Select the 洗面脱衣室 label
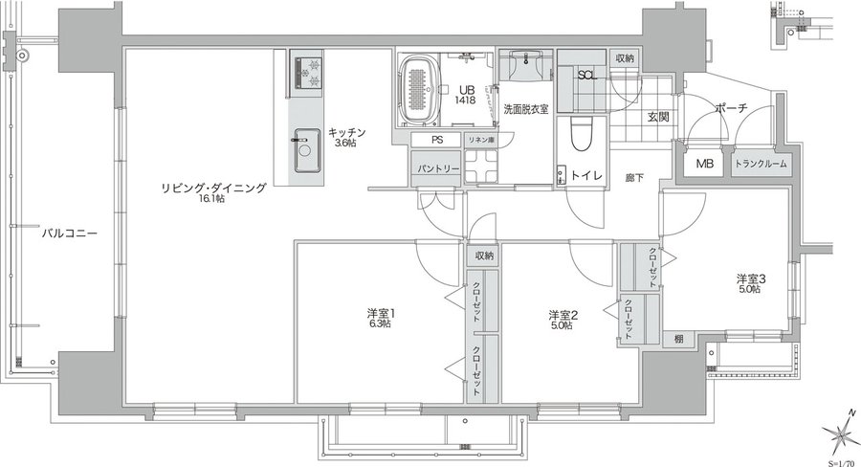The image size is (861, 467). [x=526, y=110]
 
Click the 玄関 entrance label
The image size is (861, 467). [x=657, y=117]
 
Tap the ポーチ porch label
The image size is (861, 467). [x=730, y=110]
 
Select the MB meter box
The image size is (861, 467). [x=704, y=165]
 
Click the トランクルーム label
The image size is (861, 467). [x=762, y=165]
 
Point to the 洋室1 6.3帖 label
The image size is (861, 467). [x=381, y=319]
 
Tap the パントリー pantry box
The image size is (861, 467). [x=437, y=169]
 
